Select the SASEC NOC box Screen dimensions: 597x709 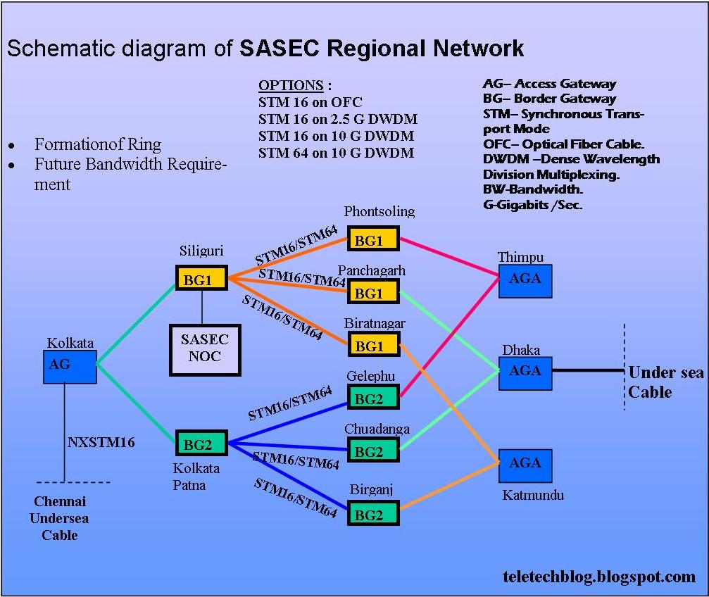205,348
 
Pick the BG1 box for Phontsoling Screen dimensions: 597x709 372,239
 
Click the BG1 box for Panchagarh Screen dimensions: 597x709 372,291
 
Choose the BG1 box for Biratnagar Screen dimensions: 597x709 372,345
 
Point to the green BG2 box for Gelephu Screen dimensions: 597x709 372,397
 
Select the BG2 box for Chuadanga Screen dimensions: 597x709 372,451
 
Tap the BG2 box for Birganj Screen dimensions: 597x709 372,514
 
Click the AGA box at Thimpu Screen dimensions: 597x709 525,280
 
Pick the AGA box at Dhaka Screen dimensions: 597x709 525,372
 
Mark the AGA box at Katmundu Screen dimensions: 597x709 525,465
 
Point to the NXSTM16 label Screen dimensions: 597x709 101,443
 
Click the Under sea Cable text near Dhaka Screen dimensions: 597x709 665,382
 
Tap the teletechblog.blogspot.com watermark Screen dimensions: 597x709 599,577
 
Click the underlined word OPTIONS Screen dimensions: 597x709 291,86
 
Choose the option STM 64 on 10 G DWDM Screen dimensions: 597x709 336,153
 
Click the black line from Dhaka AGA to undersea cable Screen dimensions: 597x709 587,370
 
